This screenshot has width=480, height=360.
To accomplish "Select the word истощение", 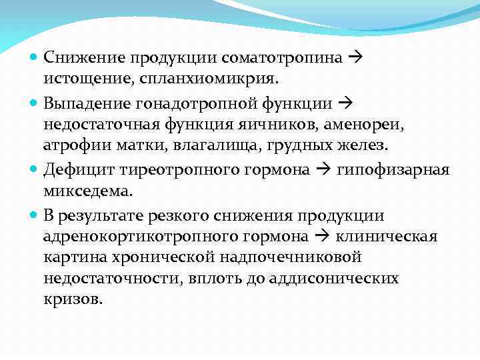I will click(85, 79).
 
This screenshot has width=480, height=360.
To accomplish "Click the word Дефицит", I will click(77, 170).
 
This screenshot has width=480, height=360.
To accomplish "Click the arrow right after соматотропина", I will click(354, 57).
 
